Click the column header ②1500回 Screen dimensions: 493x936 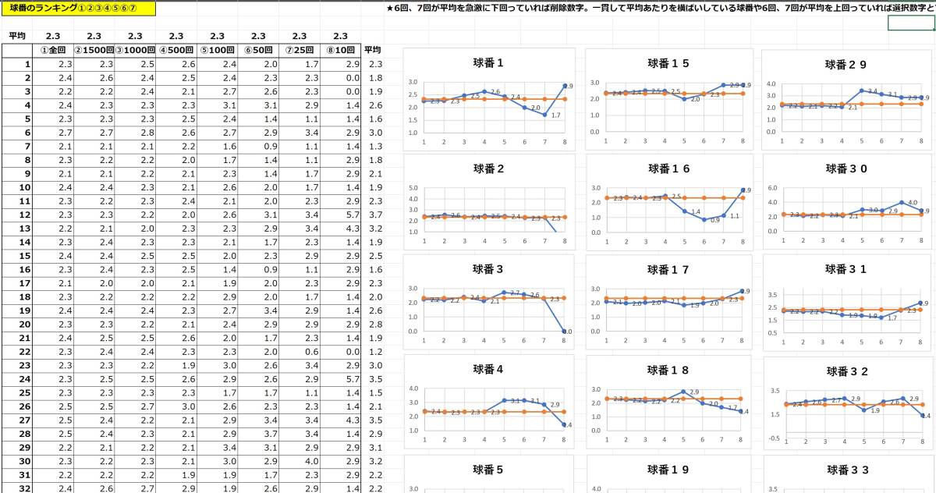tap(94, 50)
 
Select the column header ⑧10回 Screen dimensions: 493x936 tap(340, 50)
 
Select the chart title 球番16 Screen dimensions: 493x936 tap(668, 168)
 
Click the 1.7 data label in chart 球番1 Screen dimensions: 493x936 tap(556, 115)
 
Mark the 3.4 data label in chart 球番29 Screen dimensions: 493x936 tap(873, 91)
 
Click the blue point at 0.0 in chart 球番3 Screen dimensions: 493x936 tap(564, 331)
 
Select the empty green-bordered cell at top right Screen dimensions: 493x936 tap(911, 23)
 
